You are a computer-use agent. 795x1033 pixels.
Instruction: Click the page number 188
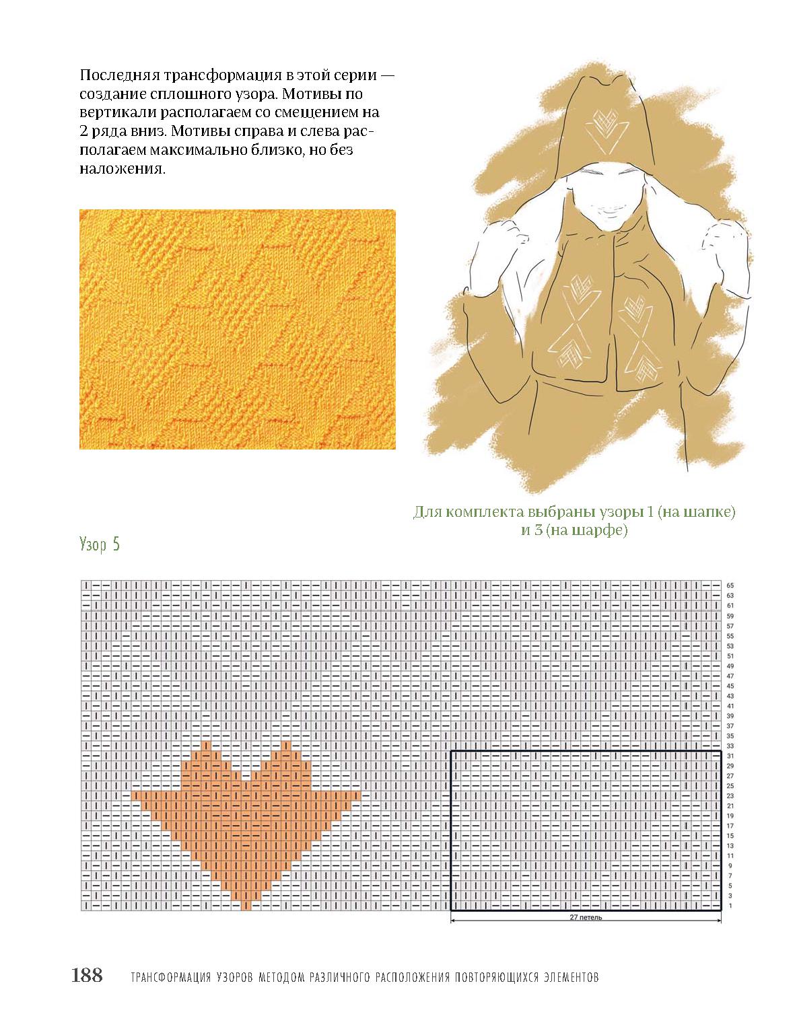87,976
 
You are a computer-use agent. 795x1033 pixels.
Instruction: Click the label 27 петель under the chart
586,917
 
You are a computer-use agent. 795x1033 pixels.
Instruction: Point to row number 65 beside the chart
730,585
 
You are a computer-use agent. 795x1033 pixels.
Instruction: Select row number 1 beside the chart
730,906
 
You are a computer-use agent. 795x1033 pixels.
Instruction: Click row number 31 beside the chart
730,756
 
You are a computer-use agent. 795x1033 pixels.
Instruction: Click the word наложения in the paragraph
123,169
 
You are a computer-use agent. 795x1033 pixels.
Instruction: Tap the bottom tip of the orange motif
245,909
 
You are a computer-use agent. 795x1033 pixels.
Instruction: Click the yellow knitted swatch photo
237,329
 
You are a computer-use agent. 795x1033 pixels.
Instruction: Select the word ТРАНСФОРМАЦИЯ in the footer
171,977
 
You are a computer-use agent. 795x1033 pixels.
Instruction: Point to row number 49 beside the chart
730,666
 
